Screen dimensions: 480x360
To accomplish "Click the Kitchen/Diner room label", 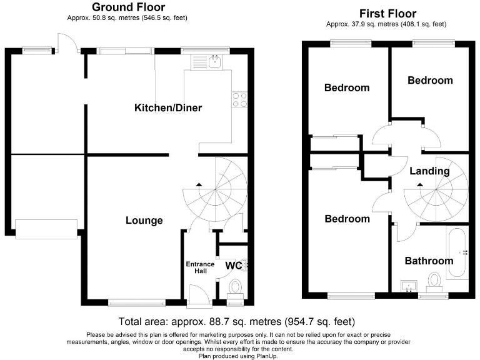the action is (168, 107).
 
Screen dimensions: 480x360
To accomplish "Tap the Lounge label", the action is (144, 221).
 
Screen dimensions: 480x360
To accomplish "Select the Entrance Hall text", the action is (200, 267).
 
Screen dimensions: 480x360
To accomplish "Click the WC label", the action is (234, 266).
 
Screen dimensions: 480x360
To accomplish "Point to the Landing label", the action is (429, 171).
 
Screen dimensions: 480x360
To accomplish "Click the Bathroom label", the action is (429, 261).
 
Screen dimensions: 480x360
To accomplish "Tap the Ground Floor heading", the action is (129, 7).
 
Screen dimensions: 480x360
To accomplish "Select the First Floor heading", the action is (387, 14).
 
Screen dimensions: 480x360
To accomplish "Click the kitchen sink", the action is (216, 61).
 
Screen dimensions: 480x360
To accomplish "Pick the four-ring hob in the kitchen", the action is (240, 100).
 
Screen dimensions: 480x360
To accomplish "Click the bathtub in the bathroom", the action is (457, 252).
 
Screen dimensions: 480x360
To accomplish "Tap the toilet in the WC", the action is (236, 289).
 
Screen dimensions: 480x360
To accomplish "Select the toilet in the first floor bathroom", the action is (434, 282).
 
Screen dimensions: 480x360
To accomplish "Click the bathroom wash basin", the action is (408, 286).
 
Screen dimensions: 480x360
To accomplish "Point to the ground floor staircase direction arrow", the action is (199, 184).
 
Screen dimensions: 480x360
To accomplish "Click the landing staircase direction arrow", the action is (420, 184).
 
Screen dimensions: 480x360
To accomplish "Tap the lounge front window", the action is (137, 302).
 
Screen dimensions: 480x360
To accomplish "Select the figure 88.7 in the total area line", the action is (218, 322).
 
